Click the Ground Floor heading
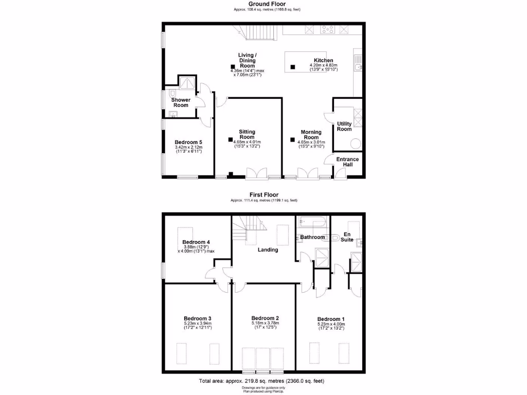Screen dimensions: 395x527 coord(267,4)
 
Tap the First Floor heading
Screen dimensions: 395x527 coord(263,195)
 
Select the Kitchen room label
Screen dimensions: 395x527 coord(323,60)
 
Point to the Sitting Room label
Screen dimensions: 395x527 coord(247,135)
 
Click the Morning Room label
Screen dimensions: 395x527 coord(311,135)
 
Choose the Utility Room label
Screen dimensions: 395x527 coord(344,127)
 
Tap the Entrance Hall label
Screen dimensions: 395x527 coord(348,162)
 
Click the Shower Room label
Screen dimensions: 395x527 coord(181,102)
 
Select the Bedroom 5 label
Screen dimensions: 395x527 coord(188,142)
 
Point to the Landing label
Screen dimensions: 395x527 coord(268,250)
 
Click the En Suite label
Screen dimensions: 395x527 coord(348,237)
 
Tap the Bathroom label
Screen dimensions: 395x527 coord(313,237)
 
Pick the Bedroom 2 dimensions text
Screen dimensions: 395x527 coord(265,326)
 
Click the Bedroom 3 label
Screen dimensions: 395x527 coord(197,318)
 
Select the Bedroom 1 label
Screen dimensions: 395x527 coord(331,318)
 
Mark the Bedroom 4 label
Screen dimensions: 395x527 coord(196,242)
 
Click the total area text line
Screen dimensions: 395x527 coord(261,381)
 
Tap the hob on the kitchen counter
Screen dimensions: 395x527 coord(327,29)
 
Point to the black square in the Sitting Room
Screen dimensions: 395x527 coord(231,139)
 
